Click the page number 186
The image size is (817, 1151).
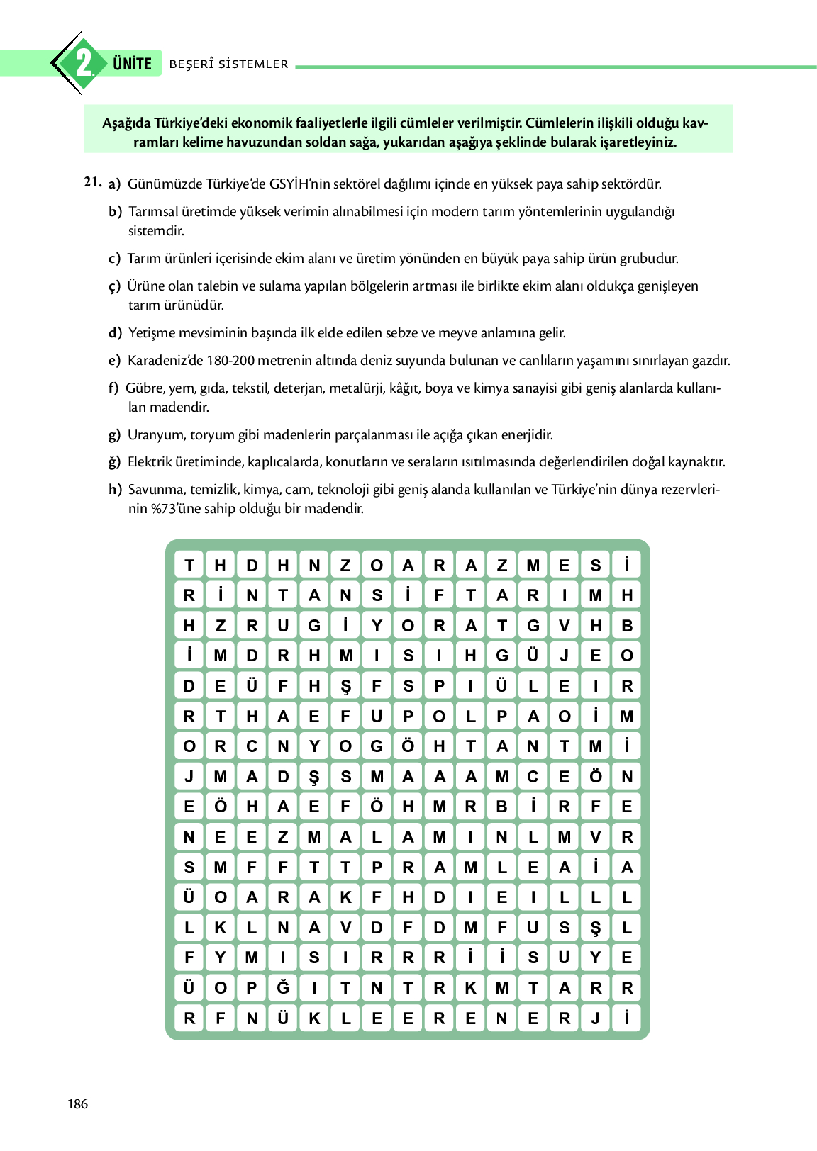tap(77, 1104)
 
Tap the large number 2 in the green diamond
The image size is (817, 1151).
tap(84, 63)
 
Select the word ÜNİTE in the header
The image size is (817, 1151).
tap(132, 64)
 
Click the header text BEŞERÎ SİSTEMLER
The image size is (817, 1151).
tap(228, 64)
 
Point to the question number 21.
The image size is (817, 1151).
tap(92, 182)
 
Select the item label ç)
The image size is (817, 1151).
tap(114, 286)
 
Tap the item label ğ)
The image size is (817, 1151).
tap(115, 462)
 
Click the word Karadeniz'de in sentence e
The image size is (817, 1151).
tap(165, 361)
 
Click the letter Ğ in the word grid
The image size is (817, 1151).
tap(283, 987)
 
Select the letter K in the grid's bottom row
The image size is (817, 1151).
tap(314, 1018)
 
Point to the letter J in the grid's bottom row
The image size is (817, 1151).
tap(596, 1018)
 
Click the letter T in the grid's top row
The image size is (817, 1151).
tap(189, 565)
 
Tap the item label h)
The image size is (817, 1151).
tap(115, 490)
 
